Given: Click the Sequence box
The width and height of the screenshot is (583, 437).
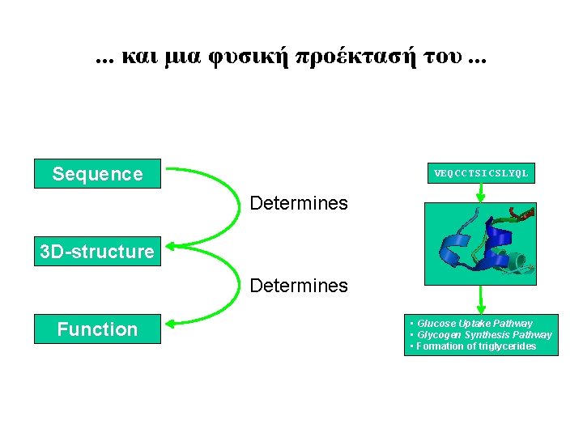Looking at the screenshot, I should point(97,173).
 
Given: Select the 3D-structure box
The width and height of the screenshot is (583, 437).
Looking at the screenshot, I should point(97,252).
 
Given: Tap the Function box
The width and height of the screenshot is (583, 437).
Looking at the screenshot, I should point(97,329).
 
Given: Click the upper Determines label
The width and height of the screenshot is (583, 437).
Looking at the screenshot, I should point(299,203).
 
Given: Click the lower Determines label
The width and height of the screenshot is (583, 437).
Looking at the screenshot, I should point(299,286).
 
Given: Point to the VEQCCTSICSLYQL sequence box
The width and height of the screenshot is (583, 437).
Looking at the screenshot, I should point(481,173).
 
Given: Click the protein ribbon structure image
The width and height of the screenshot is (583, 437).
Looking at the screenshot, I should point(481,243).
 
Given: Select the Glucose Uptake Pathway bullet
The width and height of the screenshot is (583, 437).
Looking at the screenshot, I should point(474,324).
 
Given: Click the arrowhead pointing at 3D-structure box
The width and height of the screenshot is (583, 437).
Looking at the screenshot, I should point(170,247).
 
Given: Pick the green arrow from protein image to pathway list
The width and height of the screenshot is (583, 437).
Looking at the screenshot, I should point(481,299).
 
